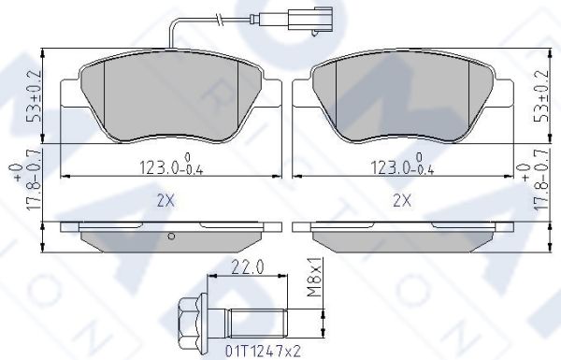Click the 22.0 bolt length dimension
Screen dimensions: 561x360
[x=248, y=266]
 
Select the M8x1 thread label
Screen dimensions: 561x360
[x=314, y=277]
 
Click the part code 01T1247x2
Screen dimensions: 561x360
[x=263, y=351]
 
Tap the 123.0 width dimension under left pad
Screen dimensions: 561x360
[x=171, y=165]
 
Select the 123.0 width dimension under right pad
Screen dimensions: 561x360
[x=402, y=165]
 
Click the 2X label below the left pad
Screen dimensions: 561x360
[x=165, y=201]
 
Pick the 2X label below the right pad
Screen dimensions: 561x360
[x=402, y=201]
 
